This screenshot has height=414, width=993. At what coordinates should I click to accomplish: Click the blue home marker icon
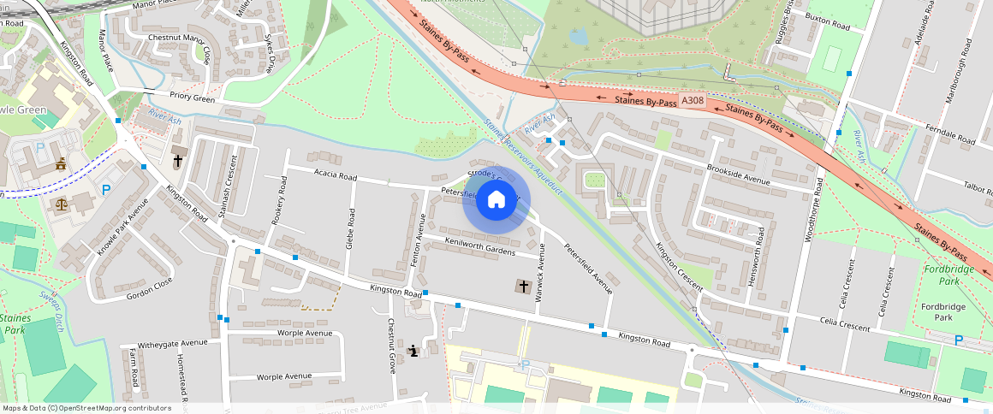496,201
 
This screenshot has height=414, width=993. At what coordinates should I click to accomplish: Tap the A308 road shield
693,101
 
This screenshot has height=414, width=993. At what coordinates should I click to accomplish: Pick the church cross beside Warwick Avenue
523,286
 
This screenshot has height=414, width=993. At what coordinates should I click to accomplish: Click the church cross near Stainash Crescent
178,160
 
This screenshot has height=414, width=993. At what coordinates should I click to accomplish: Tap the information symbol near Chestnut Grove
414,350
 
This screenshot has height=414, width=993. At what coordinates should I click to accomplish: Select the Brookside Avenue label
738,174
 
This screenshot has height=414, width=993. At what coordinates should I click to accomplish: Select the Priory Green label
192,98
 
